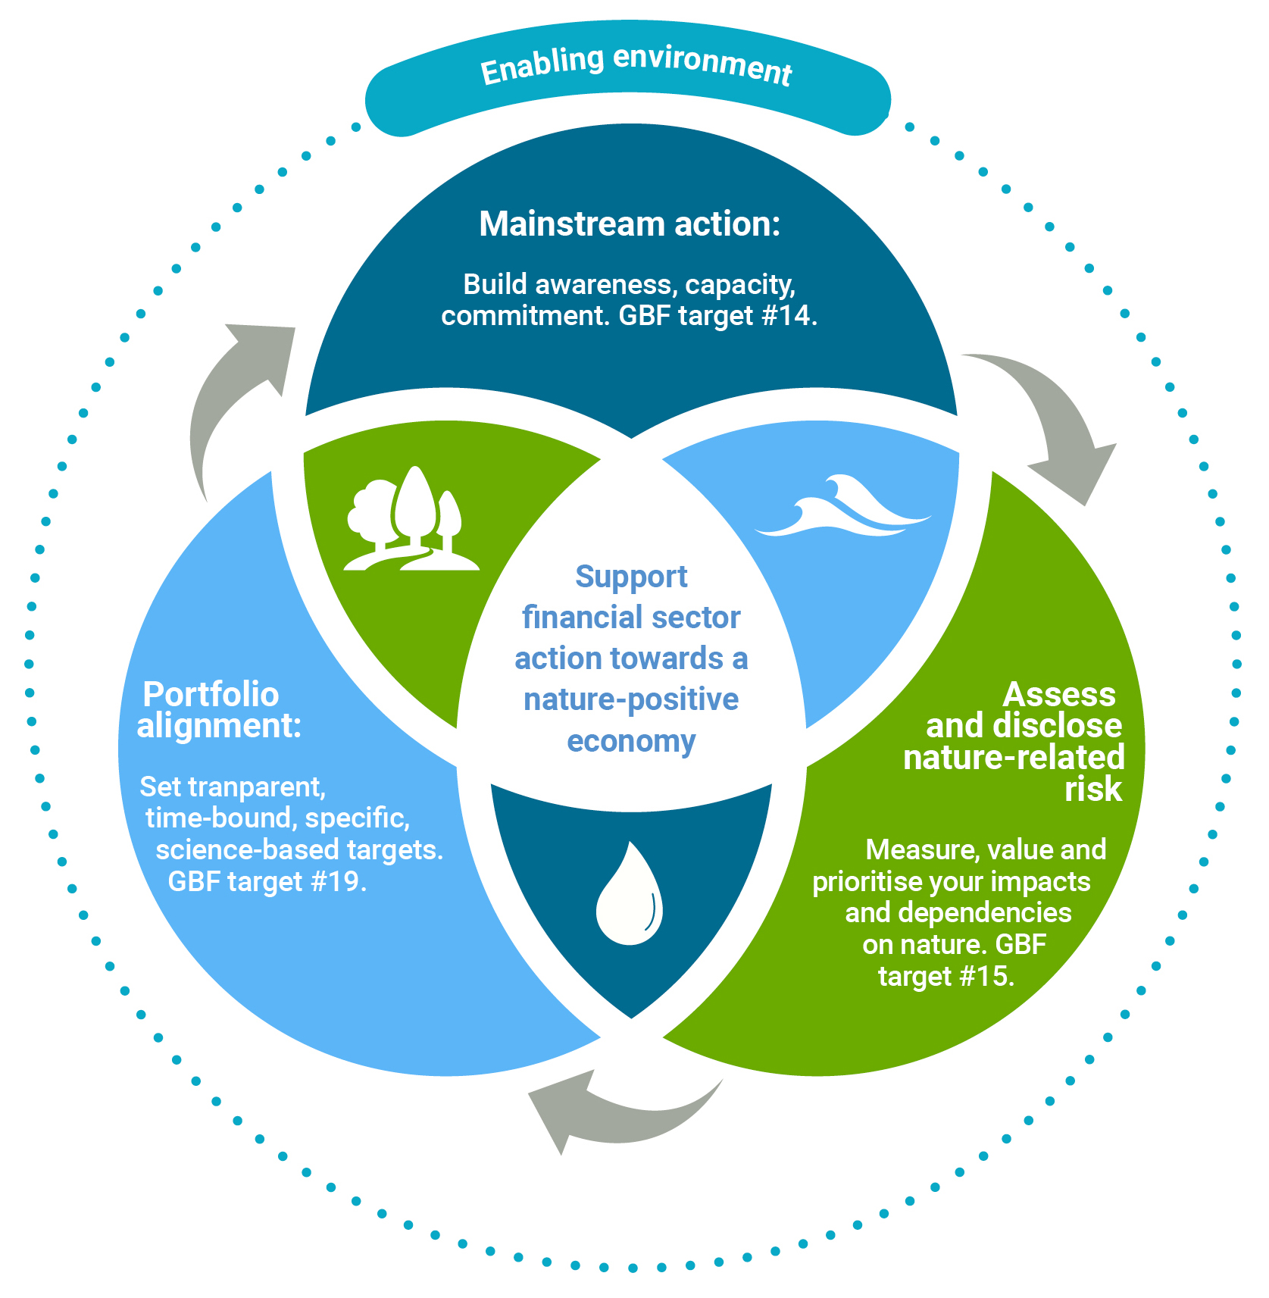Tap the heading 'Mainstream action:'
pos(630,224)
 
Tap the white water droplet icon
pos(630,894)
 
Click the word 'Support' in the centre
pos(631,577)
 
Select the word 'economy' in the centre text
pos(631,741)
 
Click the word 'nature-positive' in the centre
pos(631,699)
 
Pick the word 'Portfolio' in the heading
pos(211,694)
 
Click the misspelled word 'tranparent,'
pos(257,787)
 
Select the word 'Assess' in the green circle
pos(1059,694)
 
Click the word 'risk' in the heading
pos(1092,790)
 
